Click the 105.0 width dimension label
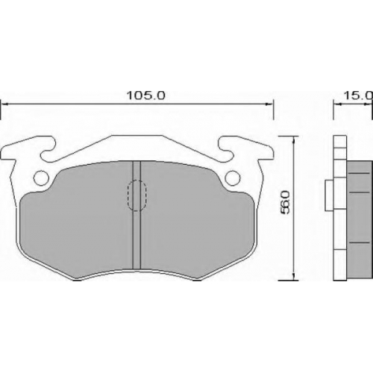[145, 95]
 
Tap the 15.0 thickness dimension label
[358, 95]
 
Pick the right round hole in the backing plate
[233, 178]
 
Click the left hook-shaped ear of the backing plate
[28, 149]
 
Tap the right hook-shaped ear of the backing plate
[246, 149]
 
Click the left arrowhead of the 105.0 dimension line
[5, 104]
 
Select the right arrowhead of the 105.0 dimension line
[269, 104]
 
